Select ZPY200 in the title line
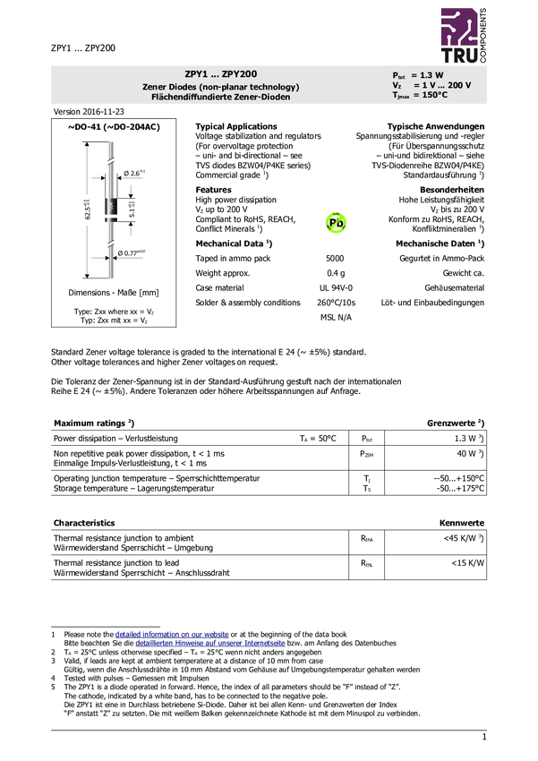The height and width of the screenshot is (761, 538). point(240,74)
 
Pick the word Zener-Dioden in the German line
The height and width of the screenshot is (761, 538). point(261,97)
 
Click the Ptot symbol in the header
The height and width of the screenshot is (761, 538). point(398,75)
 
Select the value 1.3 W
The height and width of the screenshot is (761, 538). point(431,75)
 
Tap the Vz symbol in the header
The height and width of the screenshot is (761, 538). point(397,85)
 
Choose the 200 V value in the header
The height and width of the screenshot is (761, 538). point(459,85)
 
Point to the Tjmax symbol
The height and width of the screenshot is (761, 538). point(401,95)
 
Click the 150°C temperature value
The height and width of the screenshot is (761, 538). point(435,95)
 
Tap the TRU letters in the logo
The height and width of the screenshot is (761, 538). point(457,56)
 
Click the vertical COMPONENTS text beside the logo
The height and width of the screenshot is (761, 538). point(484,36)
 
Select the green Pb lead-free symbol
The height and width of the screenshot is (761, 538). point(336,223)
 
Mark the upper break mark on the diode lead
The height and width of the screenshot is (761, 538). point(111,161)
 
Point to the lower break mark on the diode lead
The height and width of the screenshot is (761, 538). point(111,244)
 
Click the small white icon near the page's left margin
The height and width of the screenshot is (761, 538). point(54,584)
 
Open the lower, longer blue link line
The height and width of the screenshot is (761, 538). point(210,644)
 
